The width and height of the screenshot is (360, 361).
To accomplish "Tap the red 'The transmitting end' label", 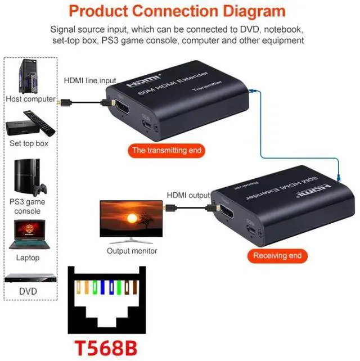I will click(166, 151).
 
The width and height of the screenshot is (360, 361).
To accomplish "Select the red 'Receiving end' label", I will click(277, 256).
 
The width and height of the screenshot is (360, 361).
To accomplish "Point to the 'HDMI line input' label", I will click(89, 80).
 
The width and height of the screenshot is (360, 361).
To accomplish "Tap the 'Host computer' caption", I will click(31, 99).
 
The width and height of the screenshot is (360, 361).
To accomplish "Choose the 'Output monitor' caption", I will click(132, 251).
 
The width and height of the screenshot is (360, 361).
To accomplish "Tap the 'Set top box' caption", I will click(29, 143).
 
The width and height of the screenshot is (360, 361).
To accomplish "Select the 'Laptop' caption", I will click(28, 258).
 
